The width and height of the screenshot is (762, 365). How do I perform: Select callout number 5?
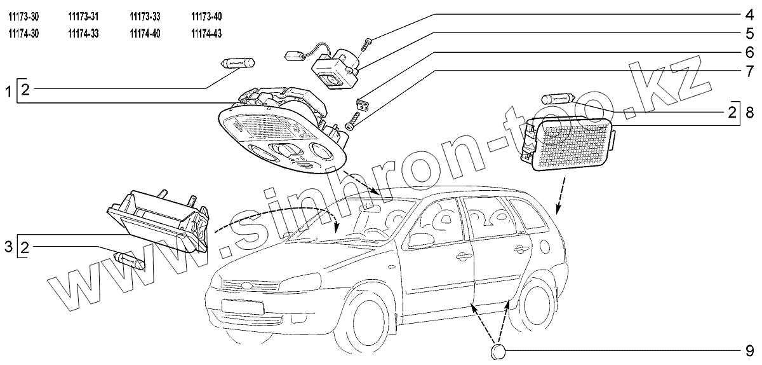click(x=749, y=32)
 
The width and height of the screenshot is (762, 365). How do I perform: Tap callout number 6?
click(x=749, y=51)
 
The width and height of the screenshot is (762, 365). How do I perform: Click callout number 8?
click(x=749, y=114)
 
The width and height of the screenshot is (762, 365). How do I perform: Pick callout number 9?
click(x=749, y=350)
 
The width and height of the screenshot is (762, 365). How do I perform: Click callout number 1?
click(x=8, y=93)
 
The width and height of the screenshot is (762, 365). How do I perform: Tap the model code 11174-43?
click(x=206, y=34)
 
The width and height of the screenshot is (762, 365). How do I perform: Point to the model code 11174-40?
click(x=145, y=34)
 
